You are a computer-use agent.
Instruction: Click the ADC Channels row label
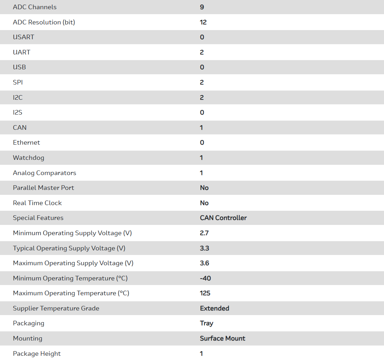(35, 7)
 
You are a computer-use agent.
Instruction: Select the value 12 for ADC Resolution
(203, 22)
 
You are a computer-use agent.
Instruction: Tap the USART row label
(23, 37)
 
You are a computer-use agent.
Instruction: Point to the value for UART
(202, 52)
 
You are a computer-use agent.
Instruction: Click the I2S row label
(18, 112)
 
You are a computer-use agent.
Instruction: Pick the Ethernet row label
(27, 143)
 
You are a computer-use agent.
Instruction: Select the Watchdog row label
(29, 158)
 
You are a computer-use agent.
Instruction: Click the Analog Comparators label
(45, 173)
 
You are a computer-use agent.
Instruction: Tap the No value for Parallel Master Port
(204, 188)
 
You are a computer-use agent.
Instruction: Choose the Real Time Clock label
(37, 203)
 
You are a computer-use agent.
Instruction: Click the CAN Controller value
(223, 218)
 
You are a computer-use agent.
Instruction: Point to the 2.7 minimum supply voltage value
(204, 233)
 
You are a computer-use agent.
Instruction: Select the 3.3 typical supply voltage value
(205, 248)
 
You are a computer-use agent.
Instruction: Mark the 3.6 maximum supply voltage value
(205, 263)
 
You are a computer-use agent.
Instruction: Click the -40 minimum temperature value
(205, 278)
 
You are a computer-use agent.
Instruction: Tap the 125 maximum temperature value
(205, 293)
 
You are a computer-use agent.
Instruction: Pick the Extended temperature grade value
(214, 308)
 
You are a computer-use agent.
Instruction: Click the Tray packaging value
(206, 323)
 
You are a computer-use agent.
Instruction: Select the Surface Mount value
(223, 338)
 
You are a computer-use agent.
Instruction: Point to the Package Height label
(37, 354)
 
